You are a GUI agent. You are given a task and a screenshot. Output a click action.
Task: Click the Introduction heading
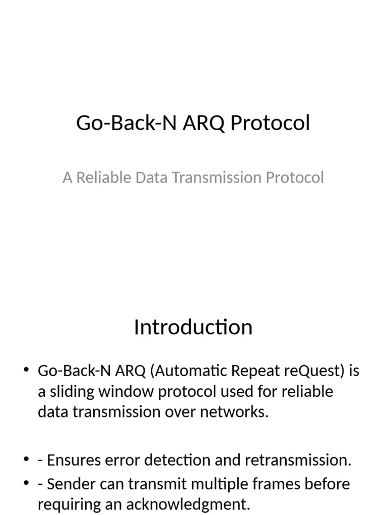click(x=193, y=327)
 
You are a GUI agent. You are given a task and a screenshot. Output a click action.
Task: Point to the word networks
click(x=236, y=412)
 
